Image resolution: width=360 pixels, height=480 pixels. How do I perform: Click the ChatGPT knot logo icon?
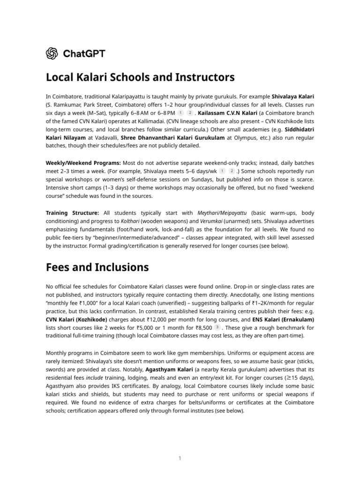click(x=52, y=54)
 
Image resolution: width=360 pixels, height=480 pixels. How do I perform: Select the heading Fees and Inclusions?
click(x=97, y=267)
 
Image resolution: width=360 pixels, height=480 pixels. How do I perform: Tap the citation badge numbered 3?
click(x=217, y=328)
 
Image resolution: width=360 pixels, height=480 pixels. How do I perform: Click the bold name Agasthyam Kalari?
click(x=169, y=369)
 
